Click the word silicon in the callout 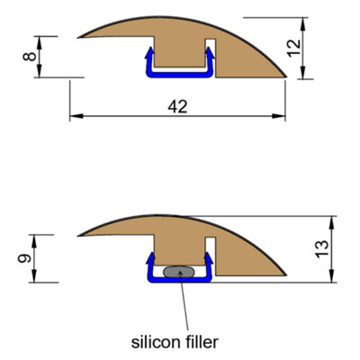click(x=154, y=341)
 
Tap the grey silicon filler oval click(x=180, y=271)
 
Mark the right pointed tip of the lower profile click(x=286, y=275)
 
